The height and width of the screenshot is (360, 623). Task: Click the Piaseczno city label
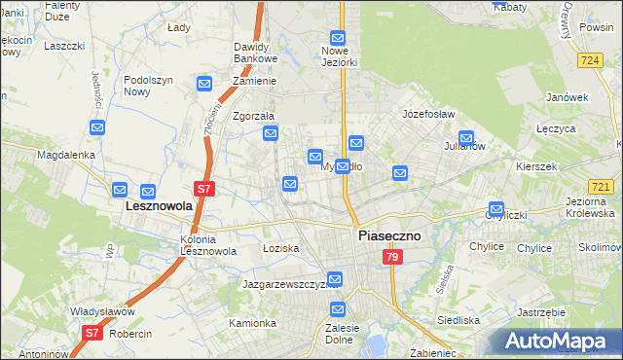[x=388, y=235]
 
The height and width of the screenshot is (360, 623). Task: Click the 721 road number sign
[x=601, y=187]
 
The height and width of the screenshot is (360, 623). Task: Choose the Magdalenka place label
[x=65, y=155]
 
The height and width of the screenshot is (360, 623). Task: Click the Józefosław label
[x=428, y=114]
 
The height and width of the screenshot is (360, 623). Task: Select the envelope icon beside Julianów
[x=466, y=138]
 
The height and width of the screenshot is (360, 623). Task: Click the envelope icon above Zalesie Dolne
[x=337, y=310]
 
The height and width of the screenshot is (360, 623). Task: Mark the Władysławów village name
[x=101, y=311]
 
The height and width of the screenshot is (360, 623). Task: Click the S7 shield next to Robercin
[x=91, y=333]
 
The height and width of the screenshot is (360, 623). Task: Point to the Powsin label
[x=596, y=28]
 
